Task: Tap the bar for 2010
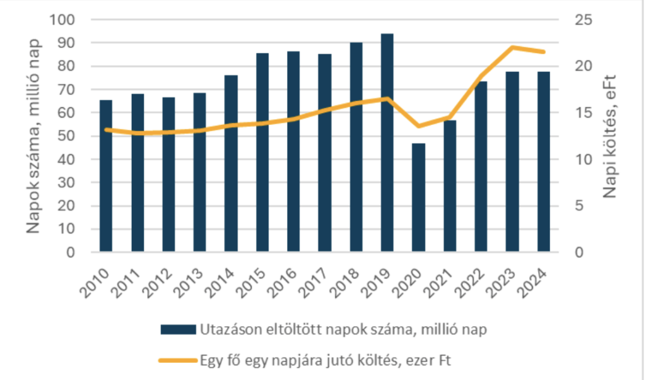click(106, 176)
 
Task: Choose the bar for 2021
click(449, 186)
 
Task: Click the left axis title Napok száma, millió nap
click(35, 136)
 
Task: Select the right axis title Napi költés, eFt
click(611, 136)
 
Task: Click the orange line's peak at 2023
click(512, 47)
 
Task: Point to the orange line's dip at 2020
click(418, 126)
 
